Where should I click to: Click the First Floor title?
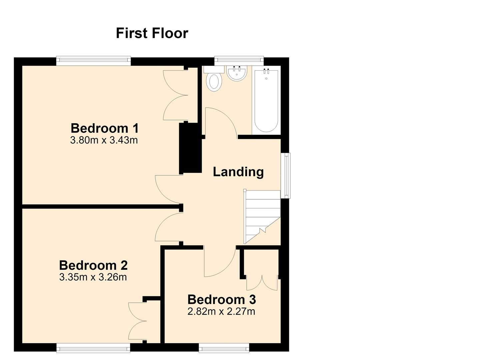pos(152,33)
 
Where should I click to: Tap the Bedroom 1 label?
pos(105,128)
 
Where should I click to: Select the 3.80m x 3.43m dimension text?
pos(104,140)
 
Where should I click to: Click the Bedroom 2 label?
pos(93,265)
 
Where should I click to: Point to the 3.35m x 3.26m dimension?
pos(93,277)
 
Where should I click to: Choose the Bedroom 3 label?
pos(222,299)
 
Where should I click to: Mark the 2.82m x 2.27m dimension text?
pos(221,311)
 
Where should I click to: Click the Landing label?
pos(238,172)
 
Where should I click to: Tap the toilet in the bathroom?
pos(214,79)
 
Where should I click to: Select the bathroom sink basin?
pos(237,73)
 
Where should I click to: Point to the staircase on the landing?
pos(262,217)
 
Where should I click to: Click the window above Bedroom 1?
pos(93,61)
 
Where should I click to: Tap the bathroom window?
pos(239,61)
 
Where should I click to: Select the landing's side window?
pos(286,176)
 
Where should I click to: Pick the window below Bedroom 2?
pos(93,348)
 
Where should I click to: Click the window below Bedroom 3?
pos(224,348)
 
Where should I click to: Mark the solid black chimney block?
pos(190,148)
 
